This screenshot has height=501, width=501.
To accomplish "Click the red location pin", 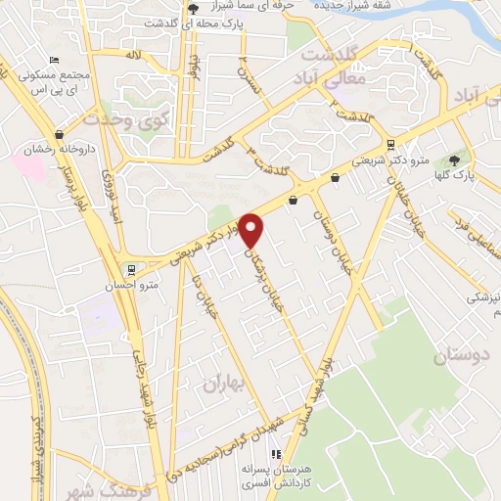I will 251,229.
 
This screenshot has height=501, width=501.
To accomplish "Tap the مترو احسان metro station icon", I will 131,269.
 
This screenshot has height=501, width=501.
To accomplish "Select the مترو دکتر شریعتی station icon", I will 391,144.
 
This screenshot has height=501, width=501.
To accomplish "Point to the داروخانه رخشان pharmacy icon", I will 60,135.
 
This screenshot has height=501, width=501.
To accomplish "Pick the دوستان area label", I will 460,356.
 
